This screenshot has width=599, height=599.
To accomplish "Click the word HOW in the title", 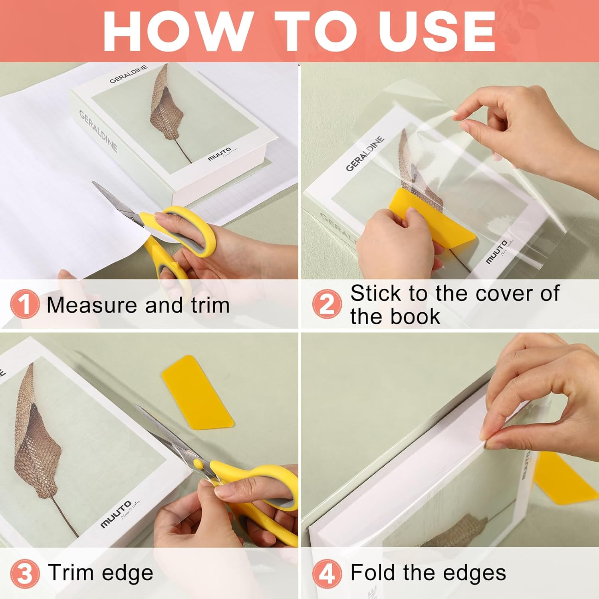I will click(x=176, y=31).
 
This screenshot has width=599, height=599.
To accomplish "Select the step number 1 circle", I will click(x=25, y=304).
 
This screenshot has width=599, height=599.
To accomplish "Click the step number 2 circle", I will click(x=327, y=304).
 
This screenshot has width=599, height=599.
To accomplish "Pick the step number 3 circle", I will click(x=25, y=573).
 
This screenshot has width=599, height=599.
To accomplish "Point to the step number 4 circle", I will click(x=327, y=573).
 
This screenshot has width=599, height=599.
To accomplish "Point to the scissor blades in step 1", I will click(x=116, y=202).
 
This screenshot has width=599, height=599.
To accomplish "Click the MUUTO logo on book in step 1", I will click(x=219, y=154).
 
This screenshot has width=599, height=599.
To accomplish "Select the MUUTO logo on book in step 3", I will click(x=116, y=514).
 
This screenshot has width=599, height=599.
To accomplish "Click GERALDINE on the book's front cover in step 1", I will click(x=129, y=74).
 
